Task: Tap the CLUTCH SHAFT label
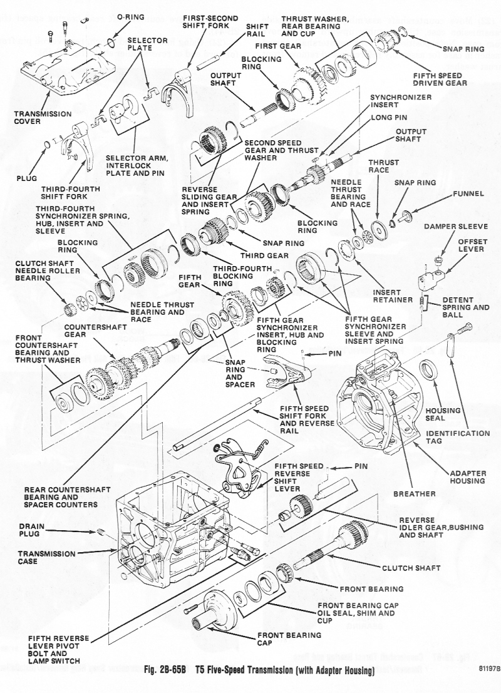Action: pos(410,568)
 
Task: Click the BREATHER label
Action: pos(414,494)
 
